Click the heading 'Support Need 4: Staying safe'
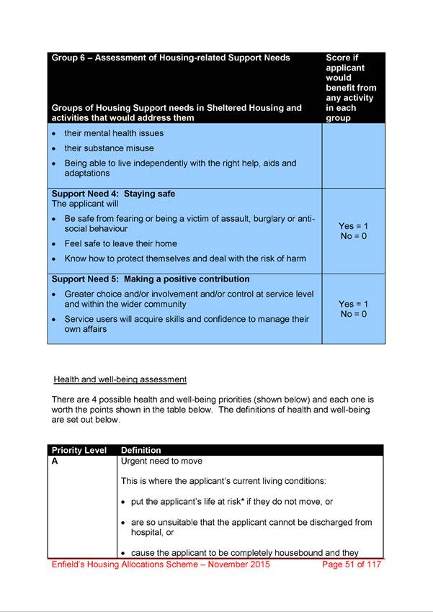[113, 194]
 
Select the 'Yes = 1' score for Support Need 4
[353, 226]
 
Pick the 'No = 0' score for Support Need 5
[353, 314]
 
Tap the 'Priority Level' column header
[79, 451]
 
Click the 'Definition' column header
[141, 451]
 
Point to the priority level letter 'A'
[55, 462]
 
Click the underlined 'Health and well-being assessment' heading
[120, 379]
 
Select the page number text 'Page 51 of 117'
[351, 564]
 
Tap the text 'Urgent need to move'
[161, 462]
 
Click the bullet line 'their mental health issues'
[114, 133]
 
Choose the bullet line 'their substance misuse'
[109, 148]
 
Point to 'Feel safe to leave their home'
[120, 243]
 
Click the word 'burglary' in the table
[267, 218]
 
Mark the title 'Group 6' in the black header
[71, 58]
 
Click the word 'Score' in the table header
[338, 58]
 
